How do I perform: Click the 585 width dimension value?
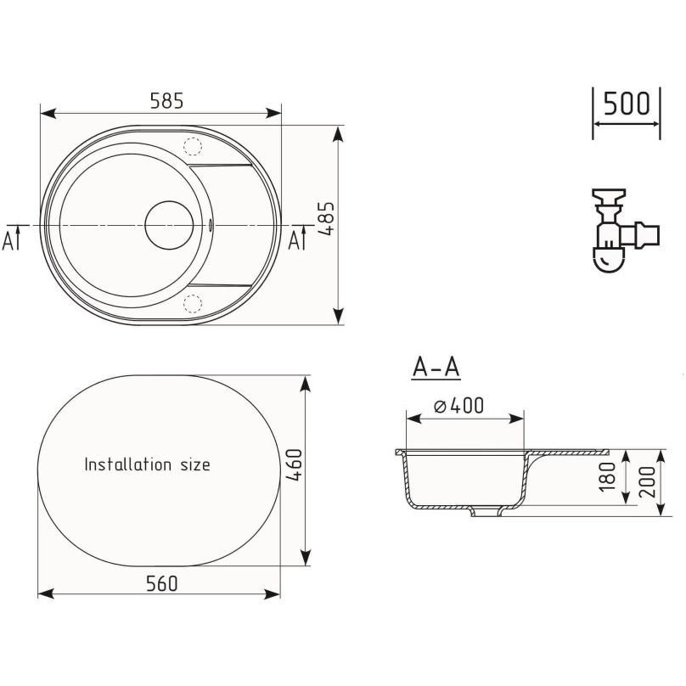pos(166,101)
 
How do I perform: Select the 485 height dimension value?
pos(326,219)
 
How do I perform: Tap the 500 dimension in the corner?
pos(627,104)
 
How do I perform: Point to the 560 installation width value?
pos(162,583)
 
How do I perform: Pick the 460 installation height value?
pos(294,465)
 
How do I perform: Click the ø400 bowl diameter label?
pos(459,406)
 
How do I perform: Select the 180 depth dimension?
pos(607,476)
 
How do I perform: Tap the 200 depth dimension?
pos(648,481)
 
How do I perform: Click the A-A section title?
pos(436,367)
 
